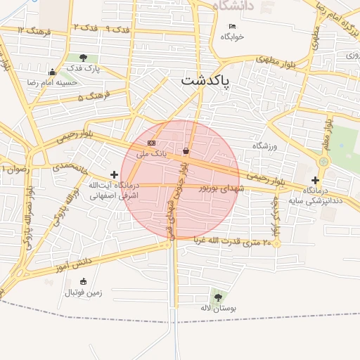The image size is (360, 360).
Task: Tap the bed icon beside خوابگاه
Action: pyautogui.click(x=232, y=27)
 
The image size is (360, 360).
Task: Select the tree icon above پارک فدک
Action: pyautogui.click(x=84, y=58)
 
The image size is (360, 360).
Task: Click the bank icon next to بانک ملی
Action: pyautogui.click(x=152, y=143)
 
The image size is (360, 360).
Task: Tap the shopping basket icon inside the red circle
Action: pyautogui.click(x=186, y=151)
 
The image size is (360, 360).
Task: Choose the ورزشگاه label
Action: pyautogui.click(x=266, y=146)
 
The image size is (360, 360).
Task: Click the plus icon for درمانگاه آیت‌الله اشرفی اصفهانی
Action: pyautogui.click(x=114, y=174)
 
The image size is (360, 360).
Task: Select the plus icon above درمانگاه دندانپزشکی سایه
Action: pyautogui.click(x=315, y=180)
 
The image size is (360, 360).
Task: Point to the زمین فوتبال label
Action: pyautogui.click(x=84, y=292)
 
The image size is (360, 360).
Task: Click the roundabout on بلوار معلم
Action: pyautogui.click(x=323, y=162)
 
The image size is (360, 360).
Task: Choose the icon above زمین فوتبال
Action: pyautogui.click(x=84, y=281)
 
